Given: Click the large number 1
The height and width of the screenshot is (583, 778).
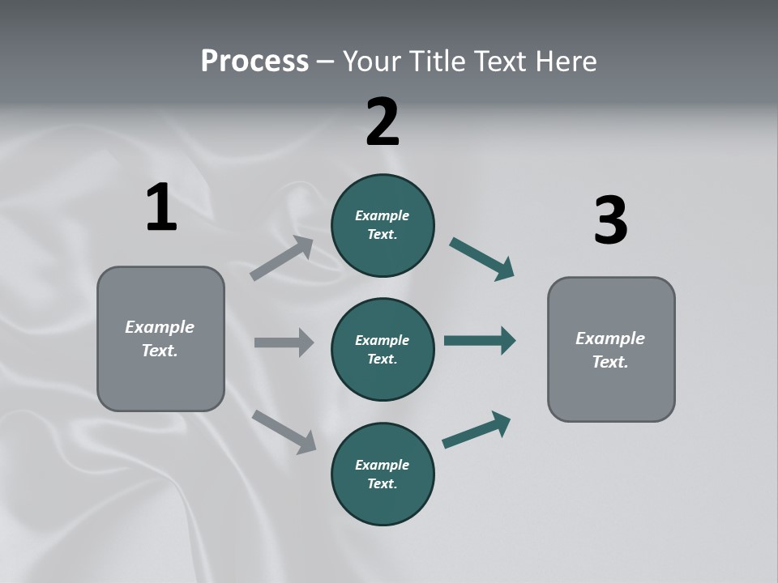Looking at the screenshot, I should coord(161,208).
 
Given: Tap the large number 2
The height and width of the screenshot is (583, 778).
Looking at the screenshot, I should coord(383,122).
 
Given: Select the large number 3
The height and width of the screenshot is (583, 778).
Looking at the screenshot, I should coord(610,221).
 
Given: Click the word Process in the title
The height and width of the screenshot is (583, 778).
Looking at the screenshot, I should coord(254,61).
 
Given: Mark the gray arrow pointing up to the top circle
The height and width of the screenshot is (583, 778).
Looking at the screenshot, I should coord(282,258).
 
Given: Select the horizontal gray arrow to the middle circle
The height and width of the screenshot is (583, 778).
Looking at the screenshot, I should coord(284,343).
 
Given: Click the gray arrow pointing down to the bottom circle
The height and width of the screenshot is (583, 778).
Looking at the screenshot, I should coord(284,431).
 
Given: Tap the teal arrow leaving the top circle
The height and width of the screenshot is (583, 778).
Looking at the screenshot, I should coord(481,259).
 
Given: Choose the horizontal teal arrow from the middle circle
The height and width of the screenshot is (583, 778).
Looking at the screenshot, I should coord(480,340).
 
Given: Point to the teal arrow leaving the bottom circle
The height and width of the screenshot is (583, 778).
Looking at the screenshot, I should coord(477,429).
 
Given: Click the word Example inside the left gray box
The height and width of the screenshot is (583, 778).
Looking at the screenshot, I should coord(160,327).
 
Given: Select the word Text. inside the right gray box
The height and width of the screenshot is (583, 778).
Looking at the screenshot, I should coord(610,362).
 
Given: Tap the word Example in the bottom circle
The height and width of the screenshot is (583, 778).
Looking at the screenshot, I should coord(382,465).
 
